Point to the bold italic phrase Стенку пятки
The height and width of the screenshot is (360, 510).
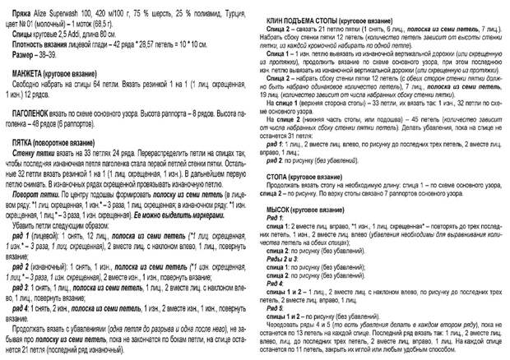[34, 154]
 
